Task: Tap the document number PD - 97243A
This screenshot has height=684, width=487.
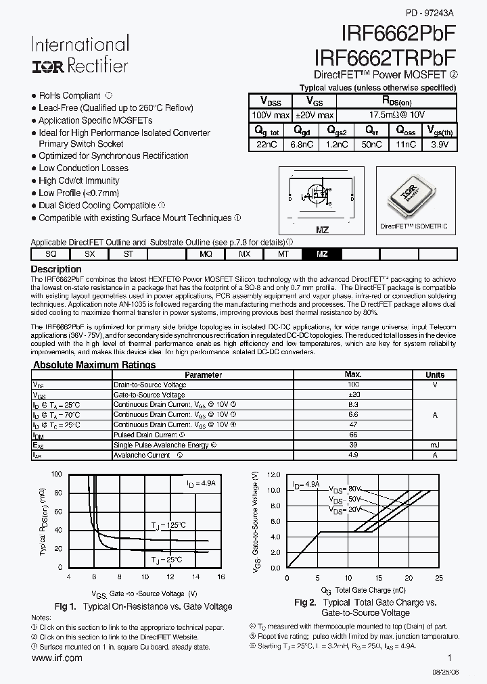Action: coord(430,13)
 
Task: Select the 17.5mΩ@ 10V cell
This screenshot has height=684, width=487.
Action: coord(396,116)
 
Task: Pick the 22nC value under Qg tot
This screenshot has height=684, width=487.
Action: coord(263,145)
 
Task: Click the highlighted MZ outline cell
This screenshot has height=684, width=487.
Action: coord(323,253)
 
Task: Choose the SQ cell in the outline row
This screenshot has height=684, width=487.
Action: coord(51,253)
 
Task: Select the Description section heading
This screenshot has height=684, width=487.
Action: coord(57,269)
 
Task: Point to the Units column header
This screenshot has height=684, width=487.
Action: coord(435,374)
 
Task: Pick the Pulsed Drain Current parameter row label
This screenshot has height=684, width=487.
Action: coord(145,435)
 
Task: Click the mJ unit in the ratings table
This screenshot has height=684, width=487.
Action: coord(435,445)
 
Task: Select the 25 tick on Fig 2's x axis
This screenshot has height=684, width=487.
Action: coord(439,578)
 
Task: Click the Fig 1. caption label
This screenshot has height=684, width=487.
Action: coord(68,606)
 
